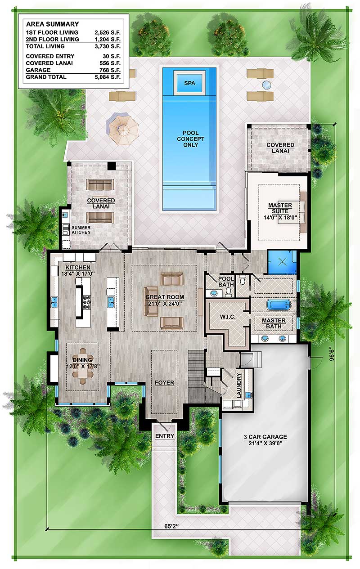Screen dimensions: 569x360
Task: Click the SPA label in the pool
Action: [x=189, y=83]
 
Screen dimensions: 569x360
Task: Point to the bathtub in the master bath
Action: [x=279, y=305]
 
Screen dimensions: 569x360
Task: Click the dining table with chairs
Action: [x=83, y=365]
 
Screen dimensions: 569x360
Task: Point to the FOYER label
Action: [x=164, y=383]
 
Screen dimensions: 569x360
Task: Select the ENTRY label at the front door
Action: [x=165, y=436]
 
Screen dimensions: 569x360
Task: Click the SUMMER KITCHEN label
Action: [x=81, y=230]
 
